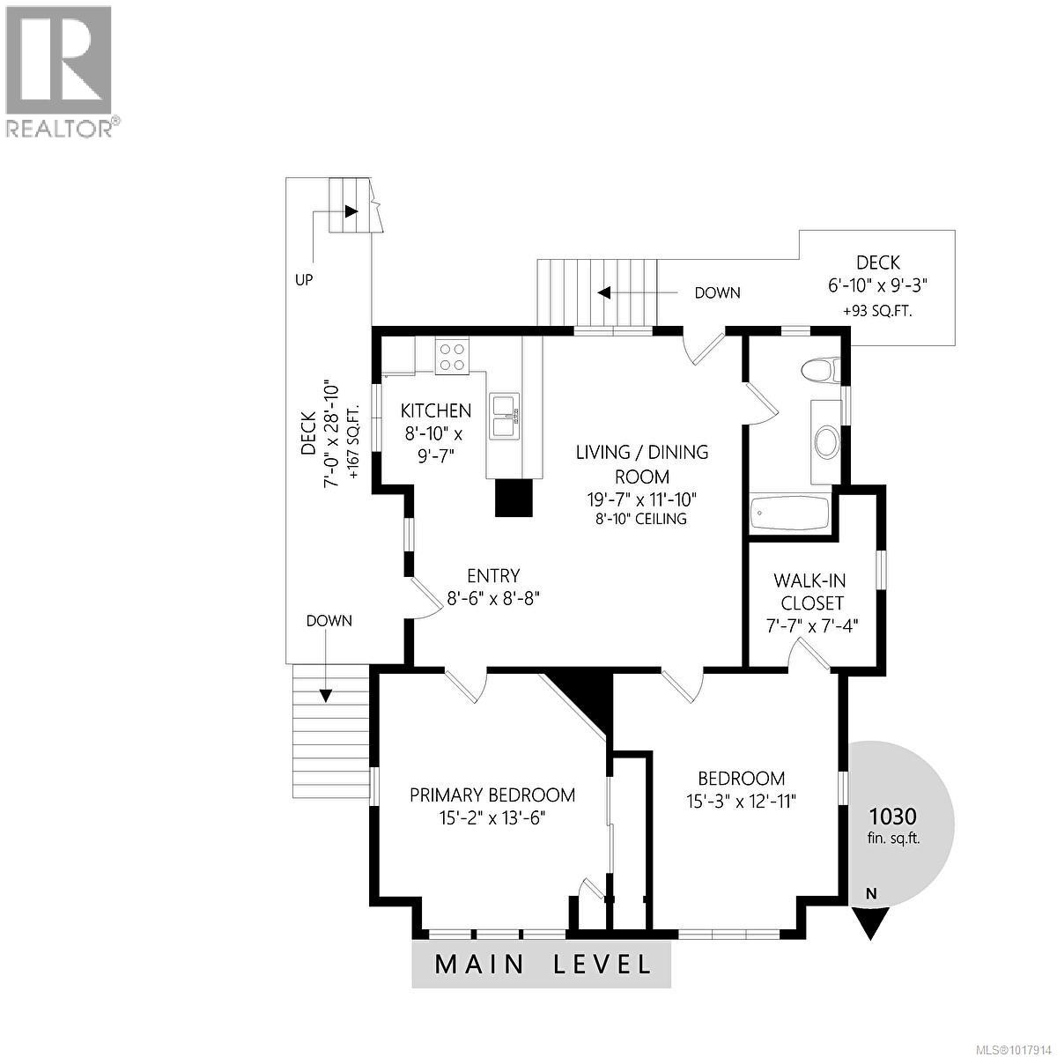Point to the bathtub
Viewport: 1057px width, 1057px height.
point(790,513)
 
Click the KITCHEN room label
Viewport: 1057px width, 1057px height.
point(436,410)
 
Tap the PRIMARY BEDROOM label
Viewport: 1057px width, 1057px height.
point(492,795)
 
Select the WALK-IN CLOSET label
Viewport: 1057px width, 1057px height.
point(809,592)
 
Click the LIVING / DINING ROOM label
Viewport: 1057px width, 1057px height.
point(641,464)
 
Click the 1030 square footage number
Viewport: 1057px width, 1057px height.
point(893,816)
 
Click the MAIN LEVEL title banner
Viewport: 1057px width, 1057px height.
point(542,964)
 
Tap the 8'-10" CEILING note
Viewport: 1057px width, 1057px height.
point(641,519)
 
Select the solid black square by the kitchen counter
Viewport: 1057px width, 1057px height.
point(514,498)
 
